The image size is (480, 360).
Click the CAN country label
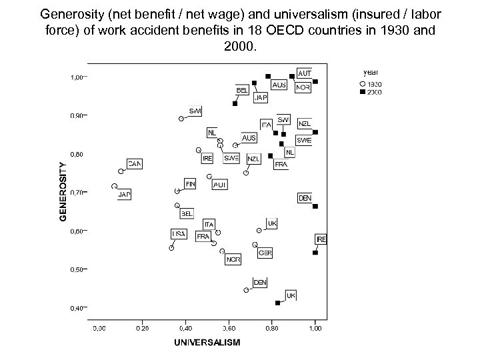(135, 163)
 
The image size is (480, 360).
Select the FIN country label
(191, 183)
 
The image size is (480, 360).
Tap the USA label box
(179, 234)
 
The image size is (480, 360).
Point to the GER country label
(265, 253)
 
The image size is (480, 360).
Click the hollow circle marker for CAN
(121, 171)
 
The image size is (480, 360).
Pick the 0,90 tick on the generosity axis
(78, 116)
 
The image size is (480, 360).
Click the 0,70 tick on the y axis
(78, 193)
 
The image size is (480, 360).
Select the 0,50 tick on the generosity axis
(78, 270)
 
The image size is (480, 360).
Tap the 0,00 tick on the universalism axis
(99, 329)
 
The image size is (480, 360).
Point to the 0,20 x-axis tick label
(142, 329)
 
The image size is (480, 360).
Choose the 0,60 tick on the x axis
(229, 329)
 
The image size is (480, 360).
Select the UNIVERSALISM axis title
(207, 343)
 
